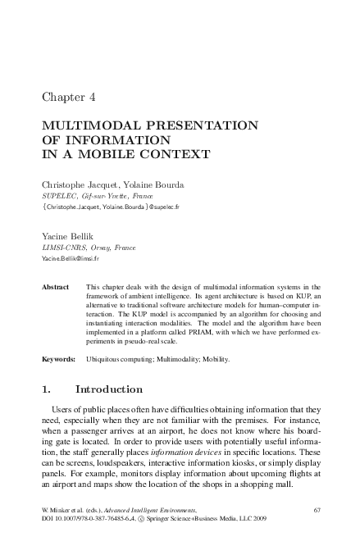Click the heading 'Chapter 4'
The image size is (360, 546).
coord(68,96)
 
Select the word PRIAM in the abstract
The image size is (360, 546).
coord(196,330)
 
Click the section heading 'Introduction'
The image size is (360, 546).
coord(109,389)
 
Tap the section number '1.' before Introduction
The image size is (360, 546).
coord(47,389)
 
